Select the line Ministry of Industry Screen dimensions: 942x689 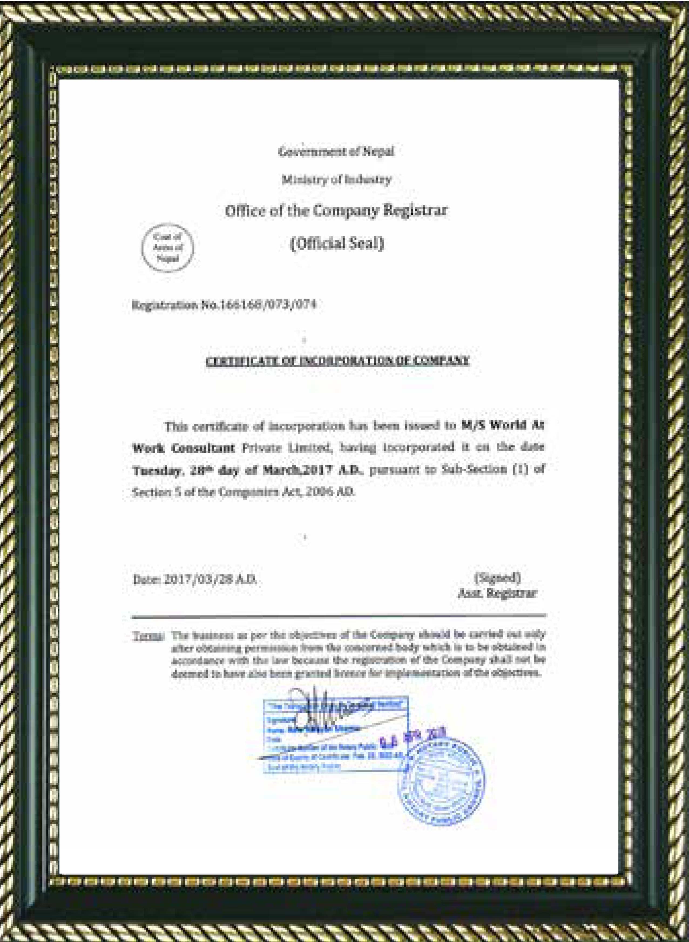(336, 180)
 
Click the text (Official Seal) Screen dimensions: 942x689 (336, 243)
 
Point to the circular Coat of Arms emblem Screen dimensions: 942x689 (168, 248)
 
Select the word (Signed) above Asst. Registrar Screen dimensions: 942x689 (497, 578)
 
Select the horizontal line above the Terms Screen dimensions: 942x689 (338, 616)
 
